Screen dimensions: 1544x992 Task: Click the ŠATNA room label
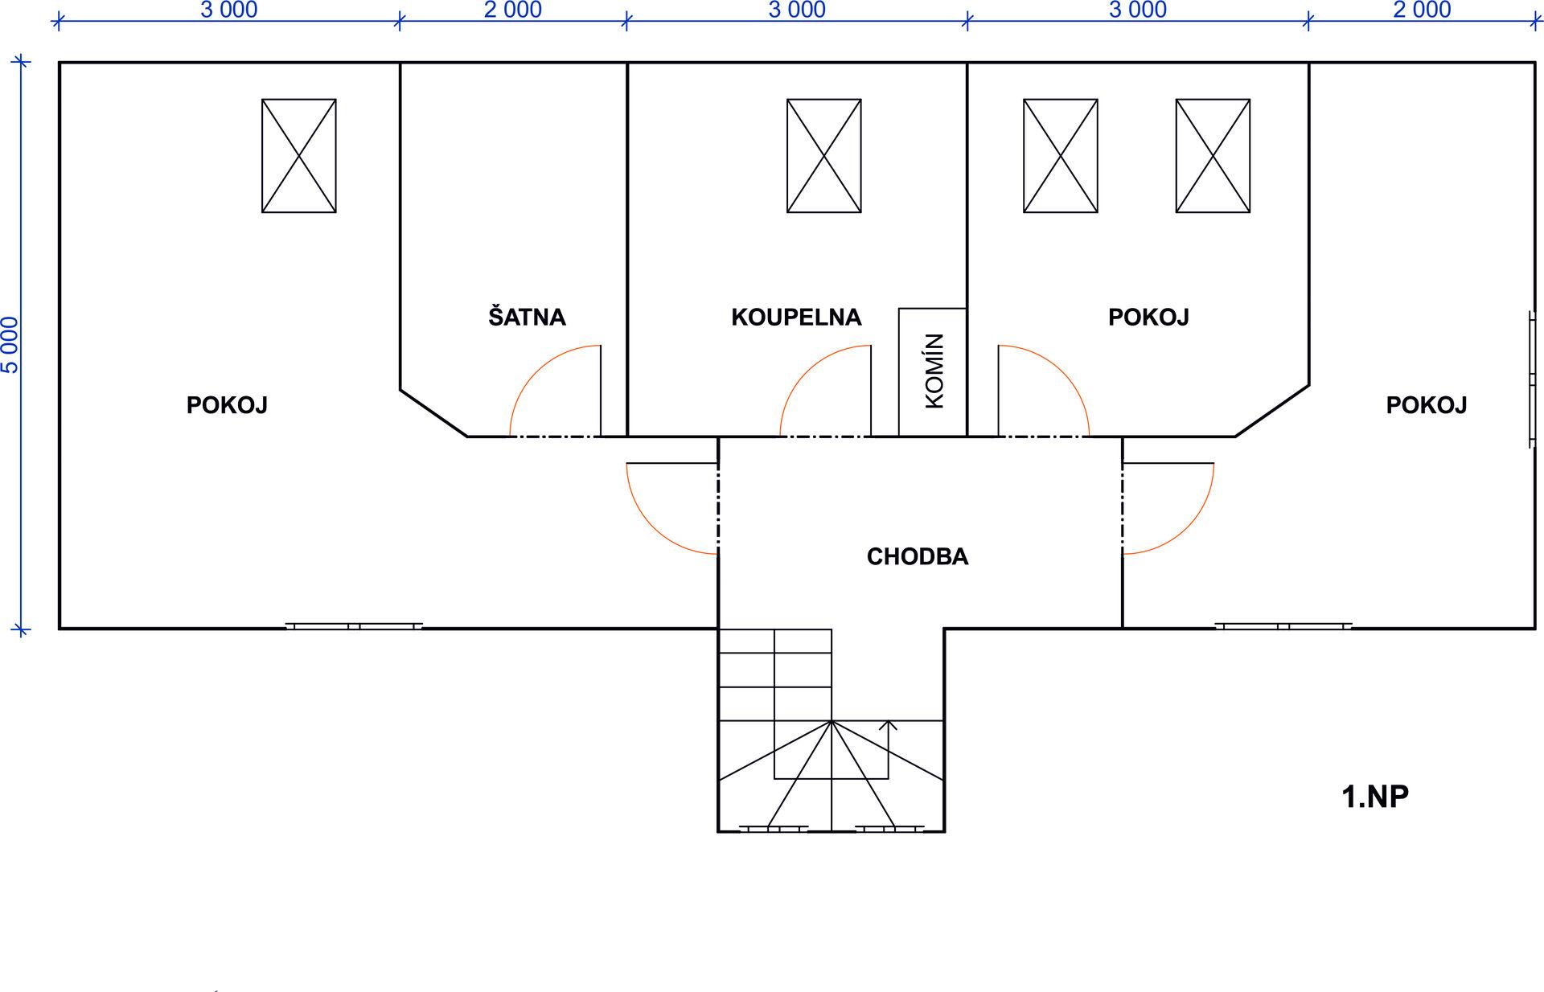point(527,316)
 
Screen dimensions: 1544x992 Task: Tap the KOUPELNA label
point(796,317)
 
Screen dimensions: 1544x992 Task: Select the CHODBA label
point(918,556)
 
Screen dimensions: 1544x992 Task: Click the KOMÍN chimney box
point(933,372)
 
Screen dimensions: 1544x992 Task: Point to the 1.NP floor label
point(1375,797)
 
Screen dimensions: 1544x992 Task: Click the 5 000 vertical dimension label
point(10,345)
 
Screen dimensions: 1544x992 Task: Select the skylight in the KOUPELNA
point(824,156)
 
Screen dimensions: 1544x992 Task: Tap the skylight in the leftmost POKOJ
point(299,156)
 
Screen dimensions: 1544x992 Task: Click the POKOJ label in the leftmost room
point(227,404)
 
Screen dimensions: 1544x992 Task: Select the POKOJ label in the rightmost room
point(1427,404)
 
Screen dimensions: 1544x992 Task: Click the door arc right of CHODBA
point(1188,527)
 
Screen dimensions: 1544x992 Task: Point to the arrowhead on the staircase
point(888,725)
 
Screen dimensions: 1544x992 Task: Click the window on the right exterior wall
point(1534,379)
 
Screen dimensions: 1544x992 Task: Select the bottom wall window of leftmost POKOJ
point(354,625)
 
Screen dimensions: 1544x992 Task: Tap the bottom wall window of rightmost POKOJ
point(1283,625)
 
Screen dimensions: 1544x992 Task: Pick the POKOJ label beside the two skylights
point(1148,317)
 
